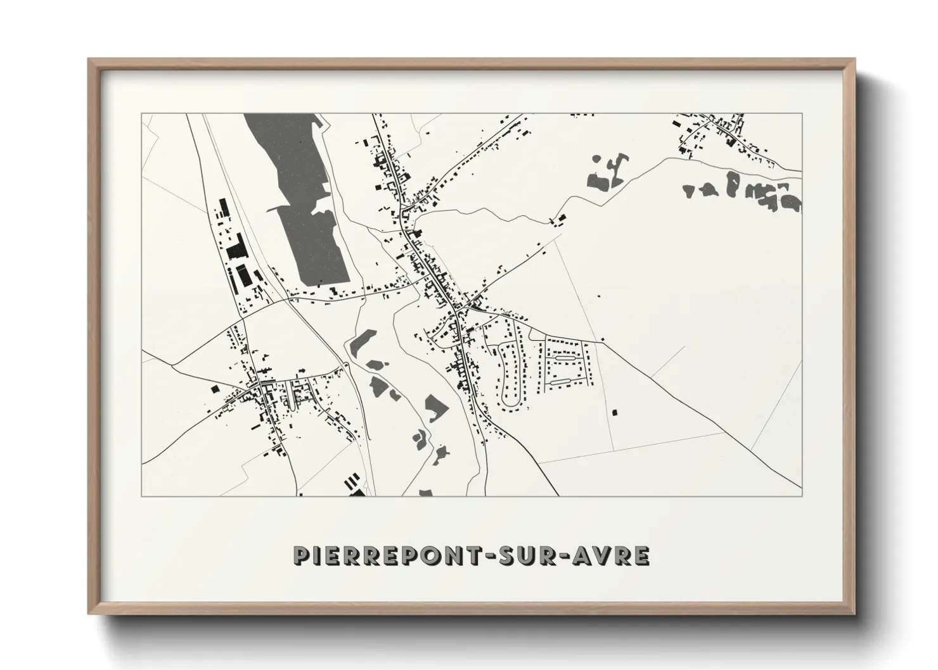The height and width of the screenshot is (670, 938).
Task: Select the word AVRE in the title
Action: (612, 555)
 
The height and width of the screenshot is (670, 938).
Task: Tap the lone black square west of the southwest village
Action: (214, 388)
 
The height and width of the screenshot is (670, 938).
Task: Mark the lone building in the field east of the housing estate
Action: (614, 412)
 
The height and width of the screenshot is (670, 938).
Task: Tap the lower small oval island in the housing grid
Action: (562, 382)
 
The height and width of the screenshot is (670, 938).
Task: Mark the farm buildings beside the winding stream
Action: (558, 220)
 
